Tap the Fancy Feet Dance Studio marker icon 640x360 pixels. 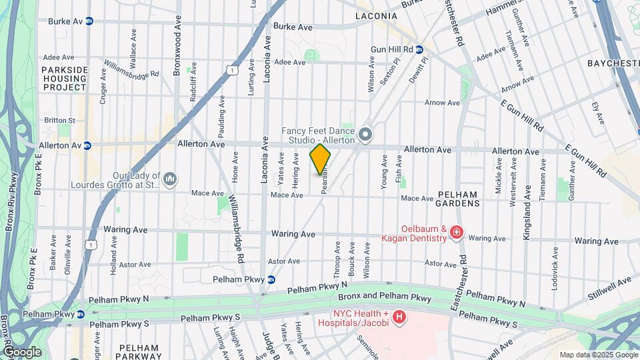point(365,135)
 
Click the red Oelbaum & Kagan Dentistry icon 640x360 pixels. point(457,233)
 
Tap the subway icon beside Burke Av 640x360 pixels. point(89,21)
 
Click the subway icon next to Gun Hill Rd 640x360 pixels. point(419,49)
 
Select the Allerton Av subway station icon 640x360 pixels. point(86,145)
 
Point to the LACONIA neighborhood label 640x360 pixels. point(376,15)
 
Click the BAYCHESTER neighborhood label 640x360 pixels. point(613,63)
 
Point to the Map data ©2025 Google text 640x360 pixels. point(598,355)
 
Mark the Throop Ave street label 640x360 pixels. point(337,259)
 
